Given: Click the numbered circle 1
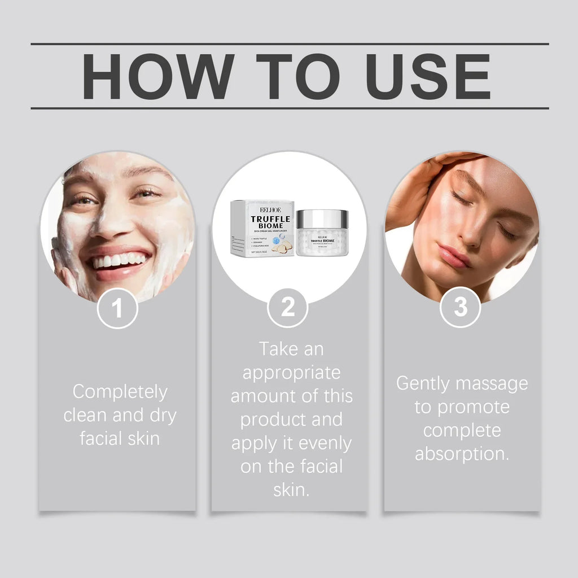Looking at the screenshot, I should pyautogui.click(x=117, y=308).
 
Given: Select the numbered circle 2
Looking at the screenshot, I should pyautogui.click(x=288, y=308).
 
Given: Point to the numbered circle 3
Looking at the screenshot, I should pyautogui.click(x=461, y=308).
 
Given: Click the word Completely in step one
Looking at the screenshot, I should pyautogui.click(x=120, y=391).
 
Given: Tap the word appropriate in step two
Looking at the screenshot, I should pyautogui.click(x=291, y=373).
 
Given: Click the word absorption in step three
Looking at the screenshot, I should pyautogui.click(x=462, y=454).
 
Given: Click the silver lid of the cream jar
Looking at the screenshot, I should pyautogui.click(x=322, y=217).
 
